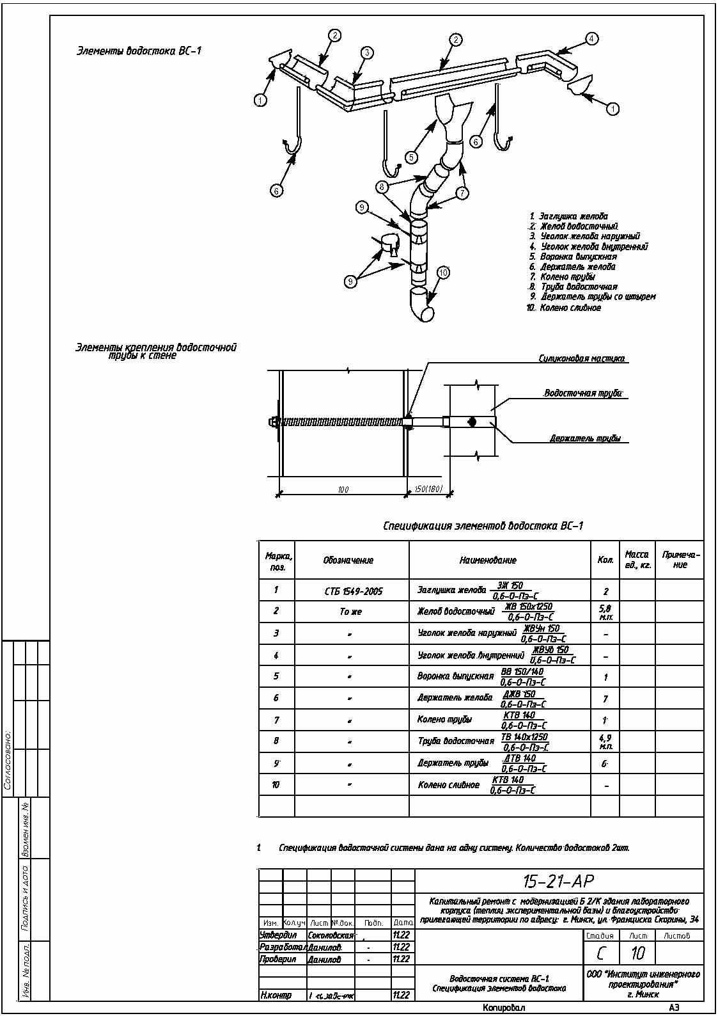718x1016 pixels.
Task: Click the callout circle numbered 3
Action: [366, 53]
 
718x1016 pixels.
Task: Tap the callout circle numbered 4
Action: [592, 39]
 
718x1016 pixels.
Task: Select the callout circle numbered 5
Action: [411, 156]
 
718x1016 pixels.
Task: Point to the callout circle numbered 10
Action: [443, 273]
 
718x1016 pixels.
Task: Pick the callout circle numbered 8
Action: [382, 187]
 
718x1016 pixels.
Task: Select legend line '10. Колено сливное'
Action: [563, 308]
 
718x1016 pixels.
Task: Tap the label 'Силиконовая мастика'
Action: [581, 359]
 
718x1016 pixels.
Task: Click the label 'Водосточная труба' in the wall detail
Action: [582, 393]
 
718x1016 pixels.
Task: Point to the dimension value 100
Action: [343, 489]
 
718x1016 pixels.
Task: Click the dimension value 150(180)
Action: [428, 489]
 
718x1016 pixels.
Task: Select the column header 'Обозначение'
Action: [348, 560]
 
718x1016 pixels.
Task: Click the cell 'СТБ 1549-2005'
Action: [354, 591]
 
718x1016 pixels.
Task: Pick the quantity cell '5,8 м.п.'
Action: [605, 612]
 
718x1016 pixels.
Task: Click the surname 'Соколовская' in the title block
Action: [331, 935]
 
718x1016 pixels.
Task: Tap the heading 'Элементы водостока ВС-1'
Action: [139, 51]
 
